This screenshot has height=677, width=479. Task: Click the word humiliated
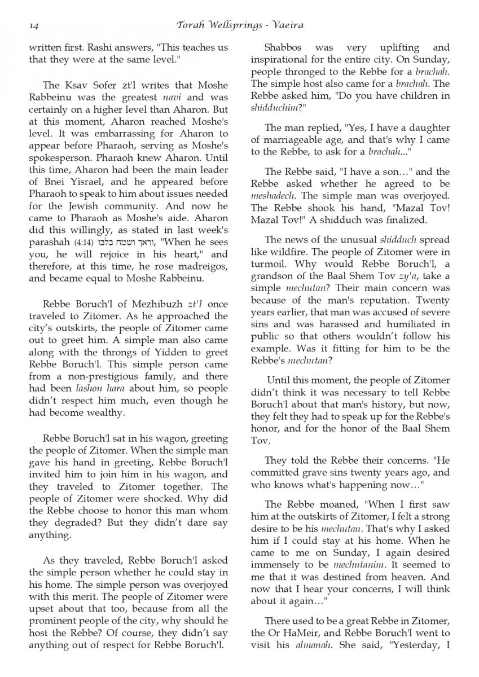pyautogui.click(x=416, y=324)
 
